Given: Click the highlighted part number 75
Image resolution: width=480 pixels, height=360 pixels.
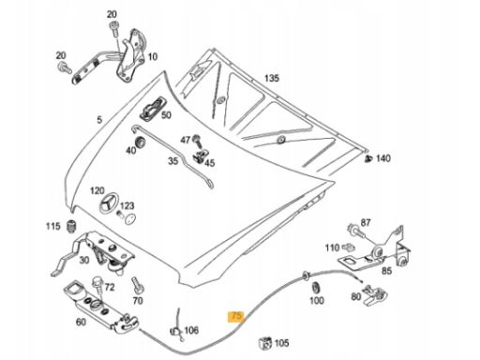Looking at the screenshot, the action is point(236,316).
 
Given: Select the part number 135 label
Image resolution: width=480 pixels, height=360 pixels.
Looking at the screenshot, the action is point(272,78).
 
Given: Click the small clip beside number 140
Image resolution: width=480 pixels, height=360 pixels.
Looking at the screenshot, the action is point(368,158).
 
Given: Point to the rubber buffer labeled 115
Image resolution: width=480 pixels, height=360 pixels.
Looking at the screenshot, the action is point(72,227).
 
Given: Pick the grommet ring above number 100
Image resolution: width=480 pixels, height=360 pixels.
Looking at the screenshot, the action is point(316,287).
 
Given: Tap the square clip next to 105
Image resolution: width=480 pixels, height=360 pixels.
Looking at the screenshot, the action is point(265,343).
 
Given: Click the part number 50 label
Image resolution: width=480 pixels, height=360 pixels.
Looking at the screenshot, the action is point(166,115).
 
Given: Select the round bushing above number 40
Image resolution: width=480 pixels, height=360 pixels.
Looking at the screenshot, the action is point(140,142).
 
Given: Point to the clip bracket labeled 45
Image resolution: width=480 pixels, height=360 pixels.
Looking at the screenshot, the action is point(201,155).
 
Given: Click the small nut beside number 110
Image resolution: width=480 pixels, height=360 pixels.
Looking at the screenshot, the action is point(348,247).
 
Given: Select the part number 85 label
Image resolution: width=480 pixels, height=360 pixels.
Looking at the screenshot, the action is point(386,271).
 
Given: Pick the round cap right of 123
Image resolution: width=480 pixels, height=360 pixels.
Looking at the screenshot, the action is point(130,218).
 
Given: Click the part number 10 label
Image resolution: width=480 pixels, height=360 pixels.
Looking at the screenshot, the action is point(153,57).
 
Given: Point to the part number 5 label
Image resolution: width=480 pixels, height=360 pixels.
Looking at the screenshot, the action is point(99,120).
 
